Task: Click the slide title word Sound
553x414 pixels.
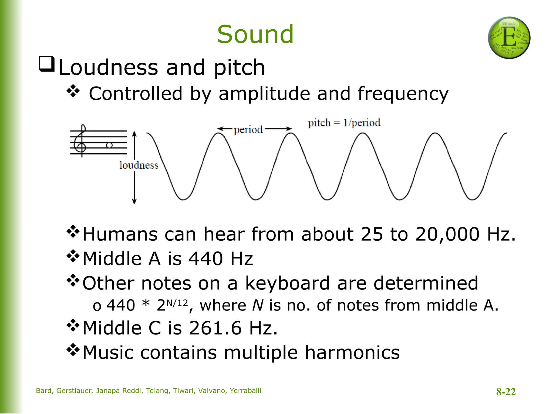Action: [x=255, y=34]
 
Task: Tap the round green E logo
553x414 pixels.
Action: [x=509, y=38]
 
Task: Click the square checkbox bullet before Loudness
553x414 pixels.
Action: [x=47, y=64]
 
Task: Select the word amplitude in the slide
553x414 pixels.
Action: [x=264, y=94]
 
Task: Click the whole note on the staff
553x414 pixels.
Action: [x=109, y=145]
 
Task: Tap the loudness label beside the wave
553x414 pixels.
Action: [x=139, y=165]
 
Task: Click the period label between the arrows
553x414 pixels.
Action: [x=248, y=130]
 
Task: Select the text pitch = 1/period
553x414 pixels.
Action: [x=344, y=123]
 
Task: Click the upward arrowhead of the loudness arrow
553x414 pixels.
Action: [x=134, y=133]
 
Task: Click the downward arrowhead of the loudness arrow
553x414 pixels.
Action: [x=134, y=201]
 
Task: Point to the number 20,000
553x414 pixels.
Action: [x=447, y=234]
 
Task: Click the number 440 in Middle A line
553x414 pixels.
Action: [x=206, y=259]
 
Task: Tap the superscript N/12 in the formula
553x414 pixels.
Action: [x=177, y=303]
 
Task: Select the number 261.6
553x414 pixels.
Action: [x=215, y=328]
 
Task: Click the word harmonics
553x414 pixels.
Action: [x=352, y=353]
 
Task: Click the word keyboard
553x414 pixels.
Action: [x=287, y=284]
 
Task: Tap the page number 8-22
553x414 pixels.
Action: [x=506, y=392]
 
